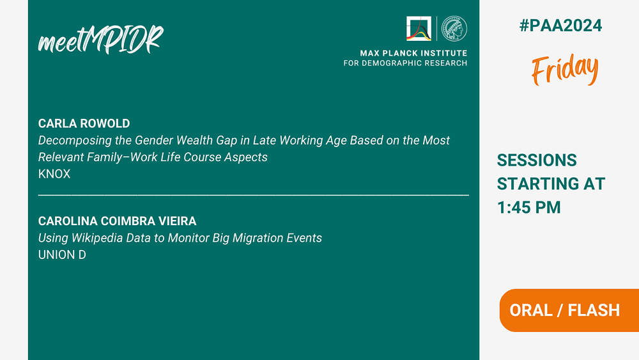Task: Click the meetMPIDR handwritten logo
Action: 101,40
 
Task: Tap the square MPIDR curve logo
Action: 419,29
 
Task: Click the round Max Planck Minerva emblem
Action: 454,29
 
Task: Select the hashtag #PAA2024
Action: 560,26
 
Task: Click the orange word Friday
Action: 565,69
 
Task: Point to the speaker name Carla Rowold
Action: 84,123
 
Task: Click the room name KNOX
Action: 54,174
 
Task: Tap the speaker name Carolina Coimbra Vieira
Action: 118,221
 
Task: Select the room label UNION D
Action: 62,254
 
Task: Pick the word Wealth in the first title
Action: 192,140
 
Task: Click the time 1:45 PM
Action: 529,208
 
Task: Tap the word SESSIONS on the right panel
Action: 537,160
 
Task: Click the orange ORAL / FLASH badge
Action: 569,310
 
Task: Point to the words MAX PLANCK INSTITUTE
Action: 413,53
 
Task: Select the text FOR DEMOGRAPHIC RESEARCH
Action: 406,63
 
